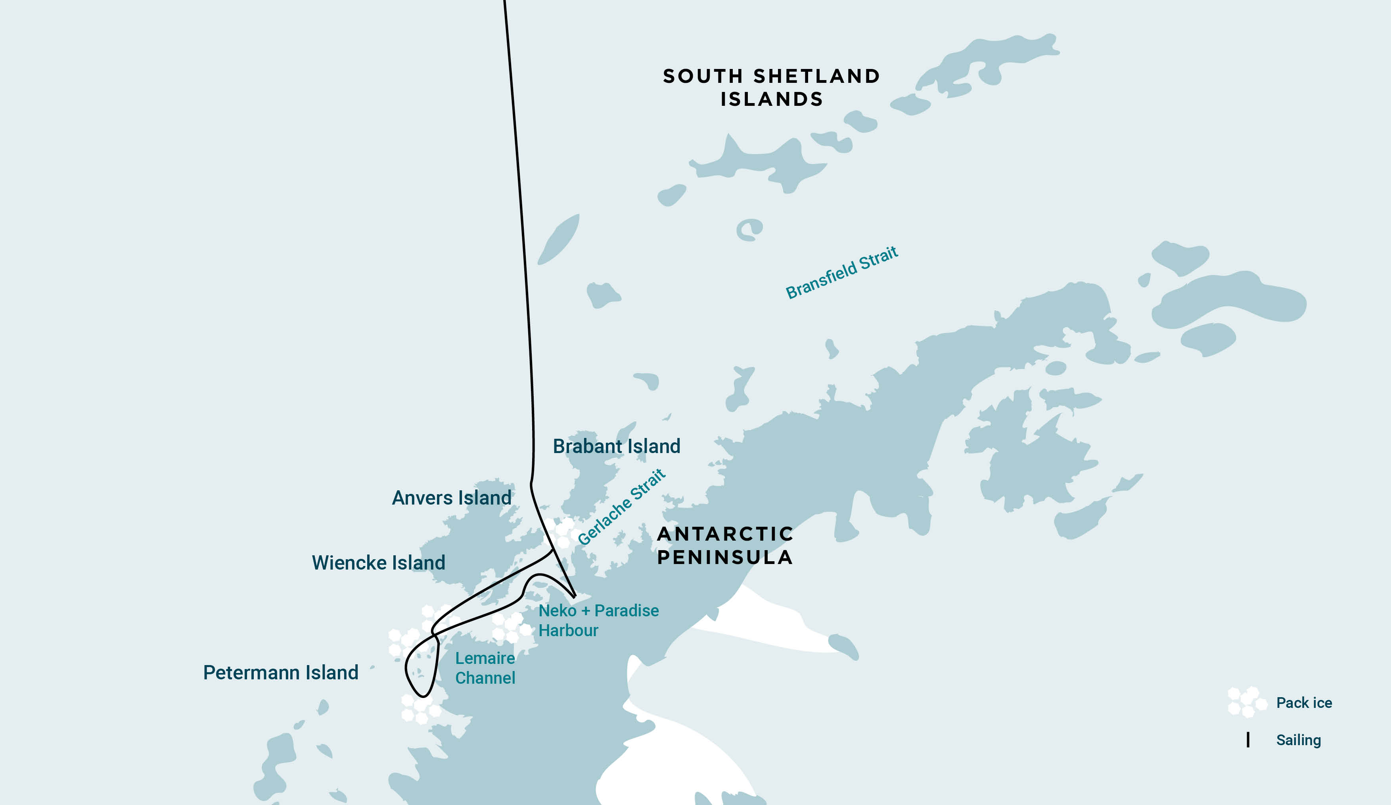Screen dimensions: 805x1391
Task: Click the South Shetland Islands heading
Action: [771, 87]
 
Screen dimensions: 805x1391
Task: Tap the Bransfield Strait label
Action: [841, 273]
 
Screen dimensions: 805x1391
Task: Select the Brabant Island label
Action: [617, 446]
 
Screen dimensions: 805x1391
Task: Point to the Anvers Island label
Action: [452, 498]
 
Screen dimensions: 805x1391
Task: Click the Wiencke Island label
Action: [379, 563]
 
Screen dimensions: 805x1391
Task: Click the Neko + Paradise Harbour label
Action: [598, 620]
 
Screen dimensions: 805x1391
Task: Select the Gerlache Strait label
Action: [621, 507]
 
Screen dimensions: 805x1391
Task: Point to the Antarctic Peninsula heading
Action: [725, 545]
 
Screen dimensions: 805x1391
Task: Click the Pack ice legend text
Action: [1304, 703]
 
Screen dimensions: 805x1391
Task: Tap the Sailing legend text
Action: [1298, 740]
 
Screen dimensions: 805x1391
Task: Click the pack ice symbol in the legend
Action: [1246, 702]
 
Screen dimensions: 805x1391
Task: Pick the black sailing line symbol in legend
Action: [1248, 740]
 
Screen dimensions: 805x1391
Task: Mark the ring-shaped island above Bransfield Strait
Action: [749, 229]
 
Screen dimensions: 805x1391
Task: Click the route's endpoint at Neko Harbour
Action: [575, 597]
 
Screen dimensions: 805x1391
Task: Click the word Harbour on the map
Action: [568, 631]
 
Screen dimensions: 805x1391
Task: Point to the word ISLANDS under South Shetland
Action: [771, 99]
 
